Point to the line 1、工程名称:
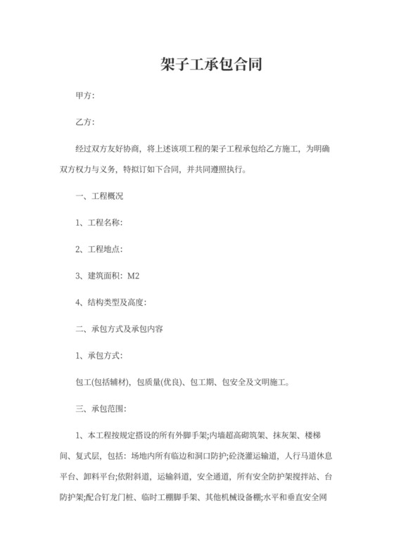click(99, 223)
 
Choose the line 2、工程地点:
click(99, 249)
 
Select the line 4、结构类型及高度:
click(110, 302)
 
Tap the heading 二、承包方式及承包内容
click(119, 328)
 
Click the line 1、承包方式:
click(99, 355)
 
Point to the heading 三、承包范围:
click(100, 408)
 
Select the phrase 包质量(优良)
click(158, 382)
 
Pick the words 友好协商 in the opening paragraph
click(127, 150)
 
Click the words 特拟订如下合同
click(146, 169)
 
